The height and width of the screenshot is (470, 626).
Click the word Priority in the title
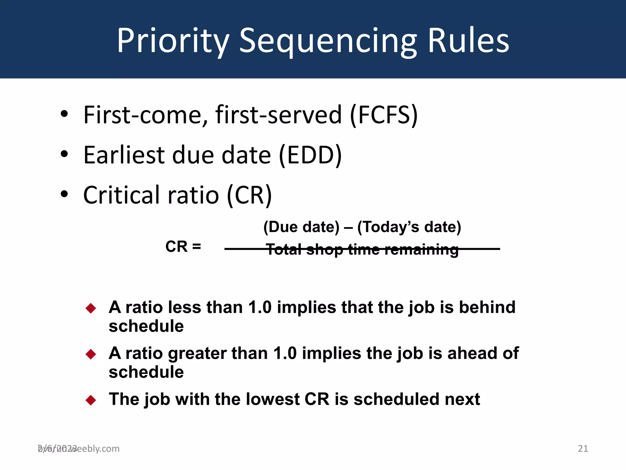(x=173, y=41)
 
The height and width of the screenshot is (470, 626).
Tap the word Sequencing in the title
(x=328, y=41)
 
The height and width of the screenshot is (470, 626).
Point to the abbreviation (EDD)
(x=310, y=155)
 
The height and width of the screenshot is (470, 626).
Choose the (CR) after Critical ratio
(x=249, y=195)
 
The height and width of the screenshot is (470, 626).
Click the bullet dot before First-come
(x=64, y=114)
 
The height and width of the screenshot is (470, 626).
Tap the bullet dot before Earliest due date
(x=64, y=154)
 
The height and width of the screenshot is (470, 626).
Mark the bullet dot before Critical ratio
(x=64, y=194)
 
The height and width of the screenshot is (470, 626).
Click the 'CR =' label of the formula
(x=183, y=247)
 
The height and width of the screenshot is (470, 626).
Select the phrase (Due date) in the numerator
(x=301, y=227)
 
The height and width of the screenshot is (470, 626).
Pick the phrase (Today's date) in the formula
(x=409, y=227)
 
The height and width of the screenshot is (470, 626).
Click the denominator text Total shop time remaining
(x=362, y=249)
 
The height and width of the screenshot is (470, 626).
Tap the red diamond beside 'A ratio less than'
(x=91, y=308)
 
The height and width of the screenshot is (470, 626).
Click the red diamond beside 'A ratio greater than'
(x=91, y=354)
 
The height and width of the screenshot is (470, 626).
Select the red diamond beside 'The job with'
(x=91, y=400)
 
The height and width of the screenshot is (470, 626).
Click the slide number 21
(x=583, y=449)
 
